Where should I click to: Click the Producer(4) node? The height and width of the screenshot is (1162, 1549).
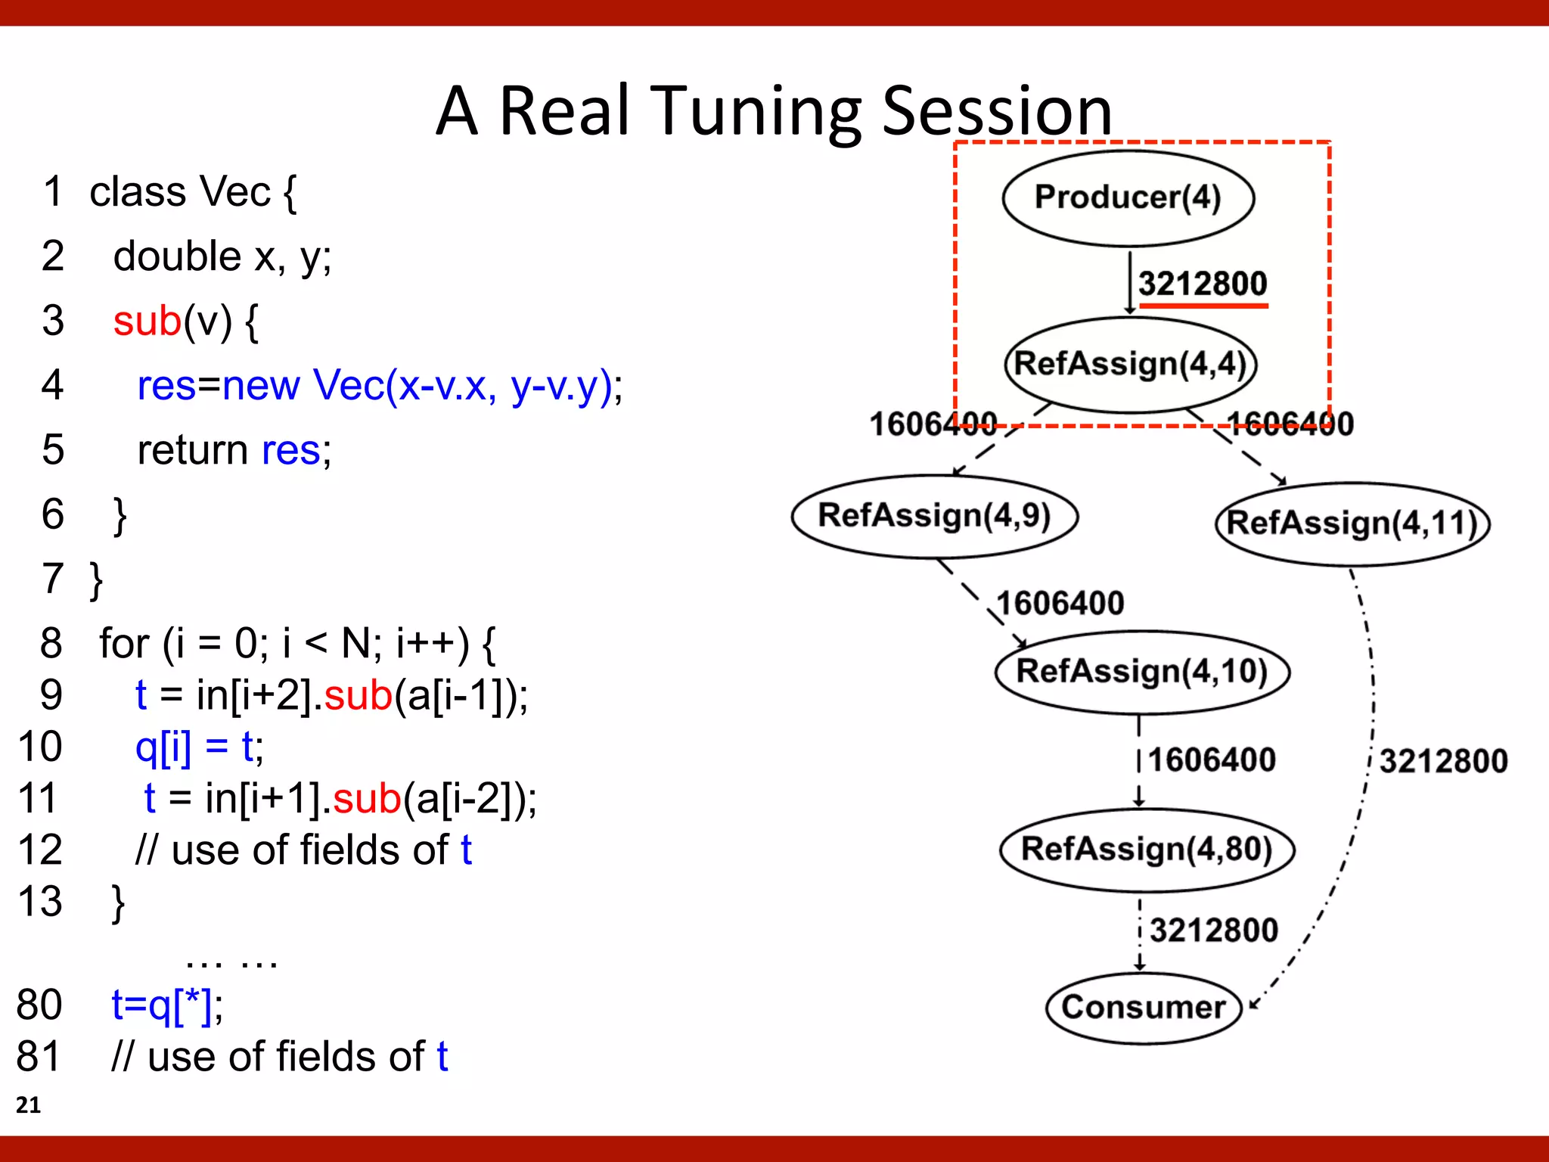[1128, 198]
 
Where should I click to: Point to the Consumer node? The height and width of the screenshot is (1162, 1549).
[1143, 1008]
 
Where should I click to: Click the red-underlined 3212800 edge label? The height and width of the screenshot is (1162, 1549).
[1203, 284]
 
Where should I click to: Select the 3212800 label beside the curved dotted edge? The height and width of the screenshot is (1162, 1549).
[1443, 761]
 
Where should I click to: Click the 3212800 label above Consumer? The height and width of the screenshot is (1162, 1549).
[1213, 931]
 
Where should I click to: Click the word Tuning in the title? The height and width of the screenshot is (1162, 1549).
[756, 112]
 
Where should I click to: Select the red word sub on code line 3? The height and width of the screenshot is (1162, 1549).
[147, 321]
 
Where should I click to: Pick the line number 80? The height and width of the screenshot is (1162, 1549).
[39, 1005]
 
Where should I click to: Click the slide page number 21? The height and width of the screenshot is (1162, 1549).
[28, 1105]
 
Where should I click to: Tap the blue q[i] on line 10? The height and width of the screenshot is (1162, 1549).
[163, 747]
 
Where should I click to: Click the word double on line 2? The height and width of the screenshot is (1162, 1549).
[177, 256]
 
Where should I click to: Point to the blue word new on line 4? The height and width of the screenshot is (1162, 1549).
[261, 386]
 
